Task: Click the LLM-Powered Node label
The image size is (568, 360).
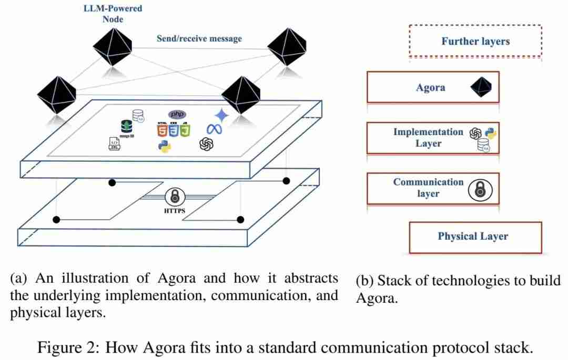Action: (x=113, y=14)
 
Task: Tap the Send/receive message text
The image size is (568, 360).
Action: (x=199, y=38)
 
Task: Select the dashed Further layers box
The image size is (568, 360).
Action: (x=475, y=40)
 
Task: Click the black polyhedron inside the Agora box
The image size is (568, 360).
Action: (x=483, y=87)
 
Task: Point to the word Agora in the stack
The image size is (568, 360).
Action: (x=430, y=88)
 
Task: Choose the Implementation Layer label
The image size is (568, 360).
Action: (x=428, y=137)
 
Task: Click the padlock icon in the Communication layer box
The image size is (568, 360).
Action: (x=480, y=190)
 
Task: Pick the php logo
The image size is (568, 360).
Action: (x=177, y=114)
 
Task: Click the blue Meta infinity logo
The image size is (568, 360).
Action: (x=214, y=129)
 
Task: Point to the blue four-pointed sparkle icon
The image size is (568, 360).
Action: (x=222, y=115)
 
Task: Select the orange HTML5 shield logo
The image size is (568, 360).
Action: (x=162, y=129)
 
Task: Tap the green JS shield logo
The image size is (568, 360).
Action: (x=185, y=129)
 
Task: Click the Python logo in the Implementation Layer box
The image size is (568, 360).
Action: (x=491, y=132)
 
